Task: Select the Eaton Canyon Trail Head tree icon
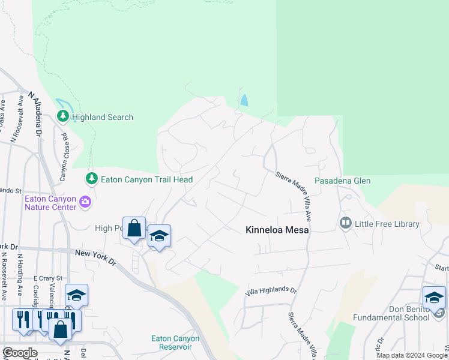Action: tap(91, 178)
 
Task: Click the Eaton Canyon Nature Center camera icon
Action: tap(86, 202)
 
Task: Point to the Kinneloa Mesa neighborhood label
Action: tap(277, 230)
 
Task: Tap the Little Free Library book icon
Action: tap(345, 224)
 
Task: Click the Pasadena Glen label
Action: tap(343, 181)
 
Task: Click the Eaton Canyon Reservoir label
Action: tap(175, 342)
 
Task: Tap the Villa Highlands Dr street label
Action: tap(271, 291)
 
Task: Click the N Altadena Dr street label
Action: tap(34, 114)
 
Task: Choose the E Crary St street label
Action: tap(44, 278)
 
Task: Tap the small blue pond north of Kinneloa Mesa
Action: tap(244, 100)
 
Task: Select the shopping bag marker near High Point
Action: tap(134, 228)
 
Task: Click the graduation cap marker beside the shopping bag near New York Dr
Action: tap(159, 236)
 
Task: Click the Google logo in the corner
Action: tap(19, 353)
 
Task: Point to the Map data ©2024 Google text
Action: tap(411, 355)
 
